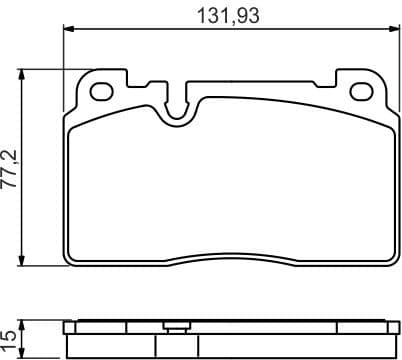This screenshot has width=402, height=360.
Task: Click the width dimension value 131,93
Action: point(225,16)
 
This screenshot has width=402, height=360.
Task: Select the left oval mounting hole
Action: point(101,91)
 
